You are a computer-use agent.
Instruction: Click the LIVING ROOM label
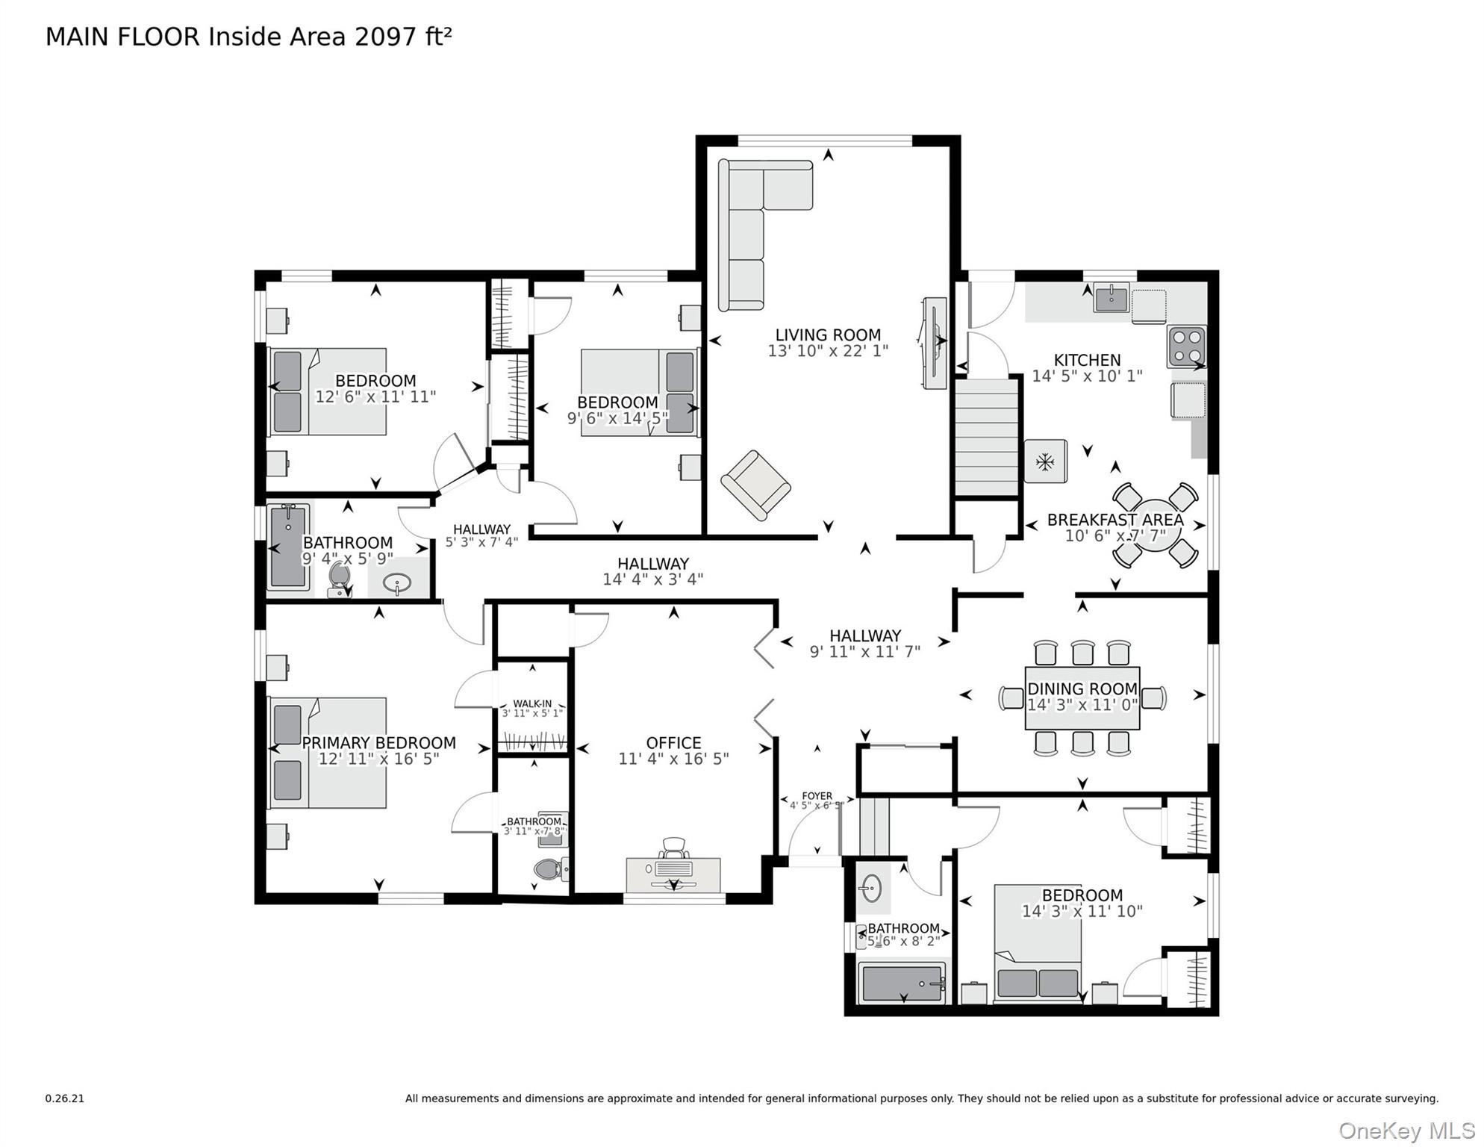pos(827,335)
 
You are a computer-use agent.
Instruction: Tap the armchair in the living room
pos(755,485)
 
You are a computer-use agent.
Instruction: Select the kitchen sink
pos(1112,299)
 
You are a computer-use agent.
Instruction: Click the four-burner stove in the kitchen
pos(1186,346)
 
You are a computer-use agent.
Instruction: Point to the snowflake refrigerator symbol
pos(1045,462)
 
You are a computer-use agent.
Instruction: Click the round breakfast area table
pos(1155,525)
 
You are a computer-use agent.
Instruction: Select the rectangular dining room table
pos(1082,697)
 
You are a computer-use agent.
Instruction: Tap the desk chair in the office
pos(673,848)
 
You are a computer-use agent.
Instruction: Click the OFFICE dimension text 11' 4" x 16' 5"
pos(673,759)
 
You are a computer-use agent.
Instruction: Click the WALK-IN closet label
pos(532,703)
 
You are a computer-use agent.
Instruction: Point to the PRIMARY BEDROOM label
pos(378,743)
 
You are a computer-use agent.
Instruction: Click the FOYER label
pos(817,796)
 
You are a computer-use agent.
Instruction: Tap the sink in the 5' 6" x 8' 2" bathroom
pos(870,889)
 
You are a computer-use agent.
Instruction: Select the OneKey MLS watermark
pos(1406,1131)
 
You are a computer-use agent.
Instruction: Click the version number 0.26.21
pos(65,1098)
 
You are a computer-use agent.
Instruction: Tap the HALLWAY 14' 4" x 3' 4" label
pos(652,571)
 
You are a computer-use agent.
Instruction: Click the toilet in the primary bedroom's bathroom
pos(550,869)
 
